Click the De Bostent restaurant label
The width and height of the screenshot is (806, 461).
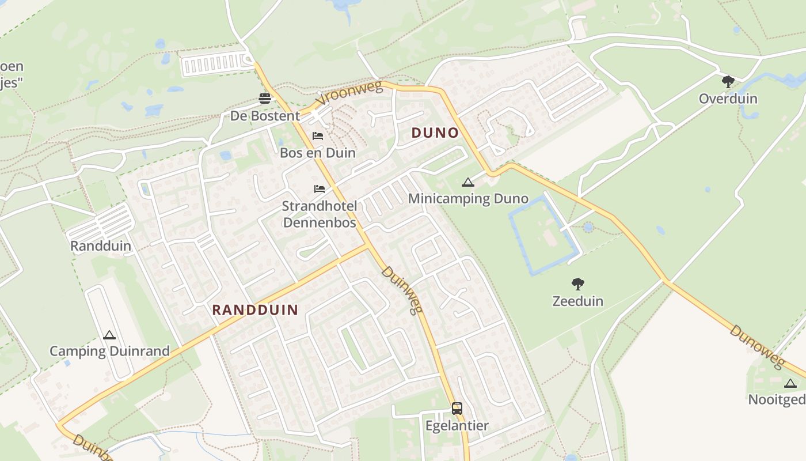coord(265,116)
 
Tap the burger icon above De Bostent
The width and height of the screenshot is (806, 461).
coord(265,99)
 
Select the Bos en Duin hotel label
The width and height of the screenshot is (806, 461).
coord(317,153)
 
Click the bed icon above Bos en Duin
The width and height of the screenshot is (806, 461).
coord(318,136)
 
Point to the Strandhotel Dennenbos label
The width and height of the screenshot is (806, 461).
coord(320,214)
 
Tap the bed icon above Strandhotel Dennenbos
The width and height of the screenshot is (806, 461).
coord(320,188)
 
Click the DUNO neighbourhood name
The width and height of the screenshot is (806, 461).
coord(435,133)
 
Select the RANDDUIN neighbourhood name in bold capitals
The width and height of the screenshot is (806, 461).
coord(255,310)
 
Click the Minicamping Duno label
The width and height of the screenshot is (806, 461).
coord(467,199)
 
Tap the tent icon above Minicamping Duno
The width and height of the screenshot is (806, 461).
coord(468,183)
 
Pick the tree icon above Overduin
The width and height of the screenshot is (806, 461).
coord(728,82)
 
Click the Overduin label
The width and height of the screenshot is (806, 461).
coord(728,99)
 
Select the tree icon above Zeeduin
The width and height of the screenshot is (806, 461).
coord(578,284)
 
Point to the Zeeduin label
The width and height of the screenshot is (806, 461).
coord(578,301)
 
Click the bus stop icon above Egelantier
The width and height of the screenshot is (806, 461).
coord(457,409)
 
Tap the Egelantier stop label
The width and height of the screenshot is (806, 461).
coord(457,426)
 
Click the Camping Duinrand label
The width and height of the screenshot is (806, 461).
coord(109,351)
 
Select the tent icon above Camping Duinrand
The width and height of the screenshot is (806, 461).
coord(109,335)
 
